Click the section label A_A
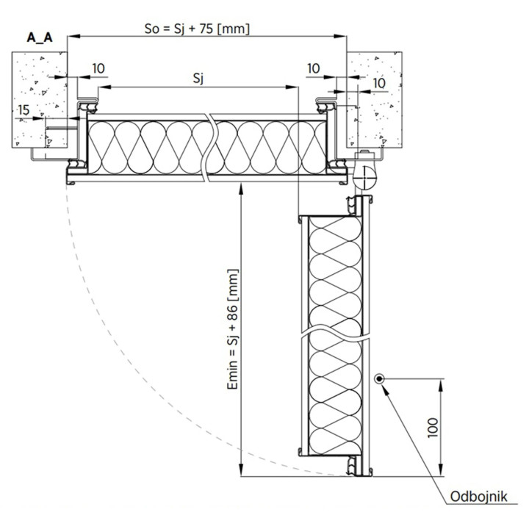pos(40,37)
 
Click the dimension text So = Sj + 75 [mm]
pos(197,29)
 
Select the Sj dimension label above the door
pos(198,79)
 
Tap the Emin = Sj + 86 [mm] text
pos(233,329)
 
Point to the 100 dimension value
pos(433,428)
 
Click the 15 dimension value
pos(24,110)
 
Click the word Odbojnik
pos(479,497)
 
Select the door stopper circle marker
pos(379,379)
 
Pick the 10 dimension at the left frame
pos(98,68)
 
